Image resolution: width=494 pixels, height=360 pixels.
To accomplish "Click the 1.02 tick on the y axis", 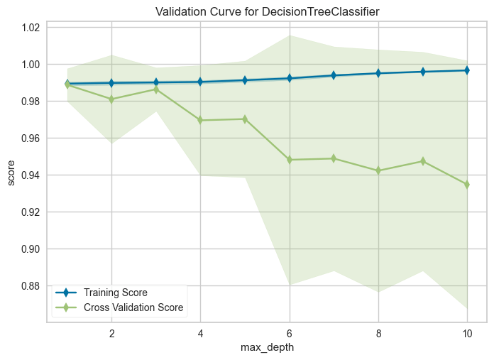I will (x=30, y=28).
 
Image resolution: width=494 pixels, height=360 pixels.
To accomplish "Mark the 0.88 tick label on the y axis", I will (x=30, y=286).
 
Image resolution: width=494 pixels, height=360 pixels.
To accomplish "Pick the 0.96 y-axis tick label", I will (x=30, y=138).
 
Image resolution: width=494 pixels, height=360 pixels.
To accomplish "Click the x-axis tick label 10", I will (x=467, y=333).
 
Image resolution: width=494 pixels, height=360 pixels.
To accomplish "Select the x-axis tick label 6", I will (x=289, y=333).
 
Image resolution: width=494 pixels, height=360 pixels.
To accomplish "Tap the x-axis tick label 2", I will (x=111, y=333).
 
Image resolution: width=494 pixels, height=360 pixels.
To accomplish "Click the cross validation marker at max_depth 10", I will (x=467, y=185).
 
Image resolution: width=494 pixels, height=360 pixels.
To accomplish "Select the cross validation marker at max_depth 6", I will (x=289, y=160).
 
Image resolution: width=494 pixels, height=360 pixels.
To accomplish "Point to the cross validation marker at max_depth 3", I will (x=155, y=89).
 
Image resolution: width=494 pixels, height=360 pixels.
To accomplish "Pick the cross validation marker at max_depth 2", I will (x=111, y=99).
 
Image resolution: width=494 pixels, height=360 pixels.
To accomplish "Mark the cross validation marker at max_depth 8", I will (x=378, y=170).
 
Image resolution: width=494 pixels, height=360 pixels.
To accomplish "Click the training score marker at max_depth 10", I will (x=467, y=70).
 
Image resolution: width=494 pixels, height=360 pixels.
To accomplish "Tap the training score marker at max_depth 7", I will (x=334, y=75).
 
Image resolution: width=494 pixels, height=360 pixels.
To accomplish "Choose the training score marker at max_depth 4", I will (x=200, y=82).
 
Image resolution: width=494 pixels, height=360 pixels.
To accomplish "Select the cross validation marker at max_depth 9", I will (x=422, y=161).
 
